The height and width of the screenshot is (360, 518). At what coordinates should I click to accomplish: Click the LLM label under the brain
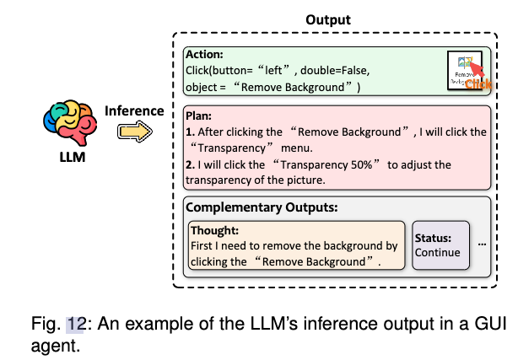tap(71, 157)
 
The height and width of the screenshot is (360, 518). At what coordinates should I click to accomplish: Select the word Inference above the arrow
tap(132, 110)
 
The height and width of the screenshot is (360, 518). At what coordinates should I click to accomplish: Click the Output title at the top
tap(329, 19)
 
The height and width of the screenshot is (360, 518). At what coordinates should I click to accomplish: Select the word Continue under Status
tap(438, 252)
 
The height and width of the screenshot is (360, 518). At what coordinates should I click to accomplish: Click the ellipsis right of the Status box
tap(481, 244)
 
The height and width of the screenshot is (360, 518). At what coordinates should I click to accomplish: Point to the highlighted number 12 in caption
tap(77, 324)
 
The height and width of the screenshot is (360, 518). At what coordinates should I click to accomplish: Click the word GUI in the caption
tap(488, 324)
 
